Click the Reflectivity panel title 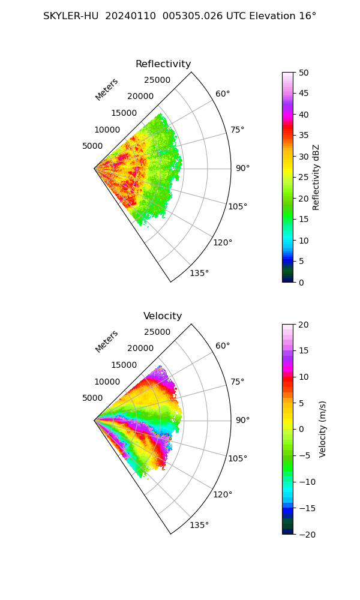point(163,64)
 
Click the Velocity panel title point(163,316)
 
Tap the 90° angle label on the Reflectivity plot point(242,169)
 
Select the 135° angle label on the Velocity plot point(199,526)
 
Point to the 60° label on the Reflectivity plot point(223,94)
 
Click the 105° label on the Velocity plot point(238,459)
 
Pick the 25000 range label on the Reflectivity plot point(157,80)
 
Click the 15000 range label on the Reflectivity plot point(124,113)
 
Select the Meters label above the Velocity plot point(107,341)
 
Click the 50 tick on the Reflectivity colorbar point(304,73)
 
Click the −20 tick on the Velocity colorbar point(307,534)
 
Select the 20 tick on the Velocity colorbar point(304,325)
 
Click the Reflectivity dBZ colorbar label point(316,177)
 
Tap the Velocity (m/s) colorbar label point(323,429)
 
